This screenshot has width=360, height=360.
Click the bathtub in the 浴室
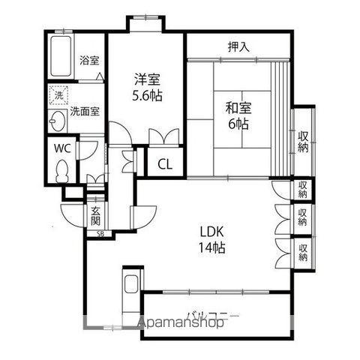(x=61, y=56)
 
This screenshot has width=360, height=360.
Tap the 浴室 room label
(x=89, y=61)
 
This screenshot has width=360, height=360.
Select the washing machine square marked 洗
(x=58, y=95)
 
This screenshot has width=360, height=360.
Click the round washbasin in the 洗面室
(x=58, y=121)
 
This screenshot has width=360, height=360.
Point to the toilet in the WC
(x=61, y=171)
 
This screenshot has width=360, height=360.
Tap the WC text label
(x=62, y=148)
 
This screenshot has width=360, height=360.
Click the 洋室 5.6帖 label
(x=147, y=87)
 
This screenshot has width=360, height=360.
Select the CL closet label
(x=165, y=164)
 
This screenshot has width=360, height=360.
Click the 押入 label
(x=238, y=46)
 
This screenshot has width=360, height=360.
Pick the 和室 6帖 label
(x=238, y=115)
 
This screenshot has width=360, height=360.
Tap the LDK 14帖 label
(x=211, y=240)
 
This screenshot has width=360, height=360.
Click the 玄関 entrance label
(x=95, y=216)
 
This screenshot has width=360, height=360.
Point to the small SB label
(x=100, y=234)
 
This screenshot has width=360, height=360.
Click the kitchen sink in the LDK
(x=130, y=283)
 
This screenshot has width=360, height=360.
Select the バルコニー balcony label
(x=213, y=316)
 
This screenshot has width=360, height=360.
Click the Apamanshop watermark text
(x=181, y=322)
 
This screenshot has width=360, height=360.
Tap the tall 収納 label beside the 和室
(x=303, y=142)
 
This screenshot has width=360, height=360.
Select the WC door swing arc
(x=88, y=150)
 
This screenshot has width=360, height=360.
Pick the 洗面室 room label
(x=85, y=111)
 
